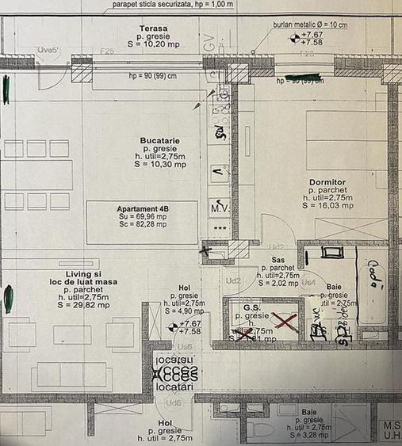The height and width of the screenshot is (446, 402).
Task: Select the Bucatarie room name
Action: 159,140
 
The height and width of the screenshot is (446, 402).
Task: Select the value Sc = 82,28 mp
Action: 143,224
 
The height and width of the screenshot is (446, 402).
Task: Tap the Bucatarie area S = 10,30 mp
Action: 159,165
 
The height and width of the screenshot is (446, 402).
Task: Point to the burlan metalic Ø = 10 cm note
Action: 311,25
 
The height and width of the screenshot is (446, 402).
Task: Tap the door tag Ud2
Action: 233,280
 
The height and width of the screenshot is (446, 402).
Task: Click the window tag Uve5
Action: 48,50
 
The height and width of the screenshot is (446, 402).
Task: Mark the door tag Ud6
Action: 173,402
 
